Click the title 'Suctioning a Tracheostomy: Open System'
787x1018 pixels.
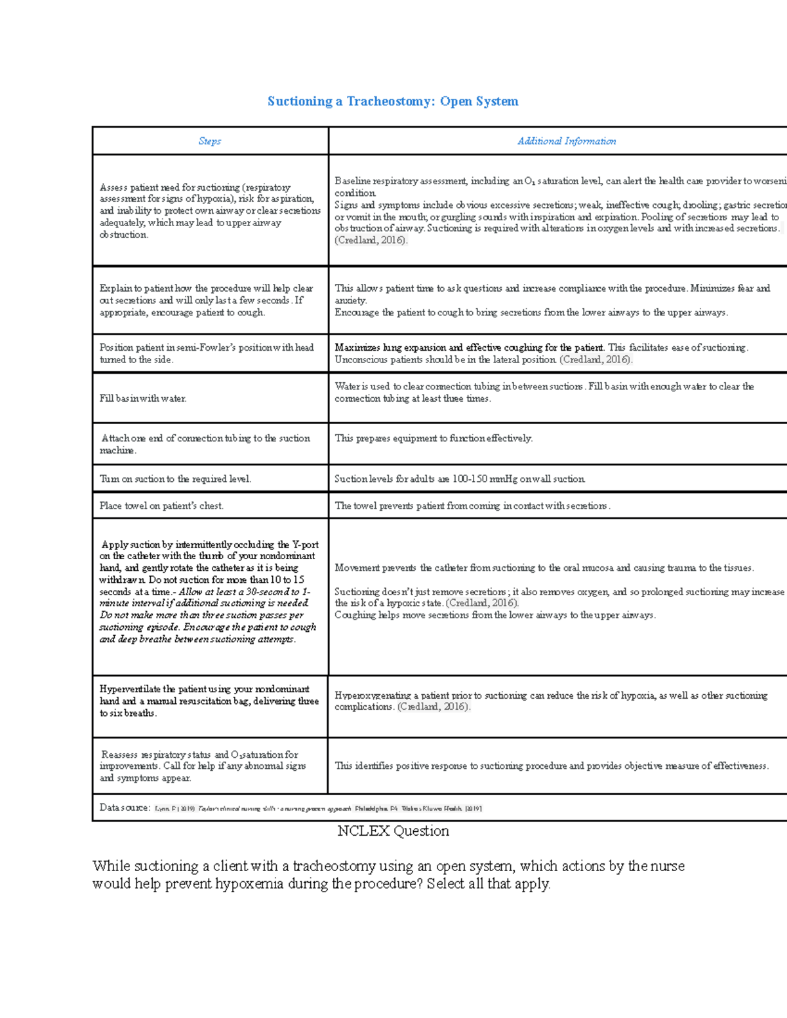393,101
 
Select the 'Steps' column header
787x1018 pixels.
210,141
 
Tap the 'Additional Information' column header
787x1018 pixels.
567,141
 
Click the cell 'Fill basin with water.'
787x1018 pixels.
143,399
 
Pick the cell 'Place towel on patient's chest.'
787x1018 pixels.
161,505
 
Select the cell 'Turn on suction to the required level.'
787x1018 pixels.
175,479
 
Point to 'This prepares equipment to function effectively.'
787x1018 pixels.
434,438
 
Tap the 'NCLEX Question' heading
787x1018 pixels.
393,831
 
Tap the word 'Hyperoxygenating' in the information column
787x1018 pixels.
373,695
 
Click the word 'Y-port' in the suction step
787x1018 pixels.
306,544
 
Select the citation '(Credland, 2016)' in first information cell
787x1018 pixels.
371,240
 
